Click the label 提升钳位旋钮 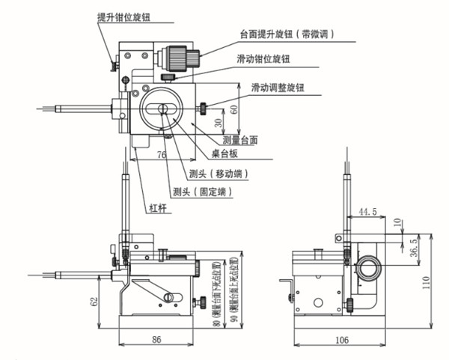(x=128, y=14)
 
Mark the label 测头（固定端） (x=201, y=192)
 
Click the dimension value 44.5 (x=367, y=212)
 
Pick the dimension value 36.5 (x=415, y=247)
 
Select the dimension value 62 (x=93, y=303)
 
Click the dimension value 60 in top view (x=233, y=109)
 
